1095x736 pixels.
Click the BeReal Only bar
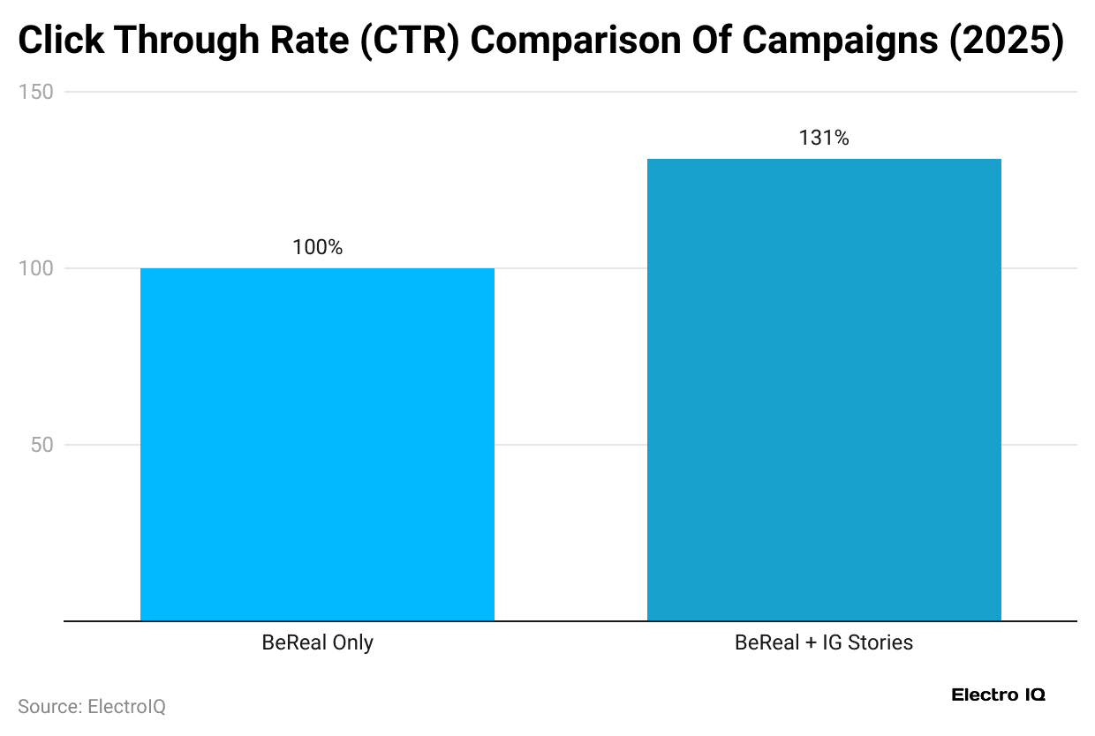[317, 444]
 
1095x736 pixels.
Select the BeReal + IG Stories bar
[824, 389]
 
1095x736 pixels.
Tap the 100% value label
[317, 248]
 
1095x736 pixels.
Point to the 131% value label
[824, 139]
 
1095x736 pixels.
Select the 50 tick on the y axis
[42, 445]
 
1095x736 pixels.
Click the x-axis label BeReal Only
[317, 642]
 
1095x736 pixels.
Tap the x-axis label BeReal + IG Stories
[824, 642]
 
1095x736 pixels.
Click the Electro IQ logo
[998, 695]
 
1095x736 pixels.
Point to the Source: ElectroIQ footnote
[91, 707]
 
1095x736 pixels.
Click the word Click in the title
[60, 41]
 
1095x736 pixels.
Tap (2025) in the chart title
[1006, 41]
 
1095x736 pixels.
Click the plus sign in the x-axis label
[809, 643]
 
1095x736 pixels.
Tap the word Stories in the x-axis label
[880, 642]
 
